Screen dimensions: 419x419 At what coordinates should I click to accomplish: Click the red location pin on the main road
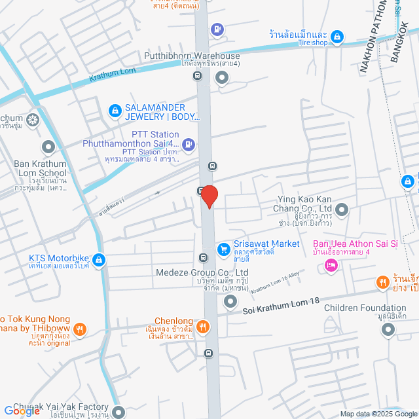pyautogui.click(x=209, y=196)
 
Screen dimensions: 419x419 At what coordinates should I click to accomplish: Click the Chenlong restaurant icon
pyautogui.click(x=204, y=326)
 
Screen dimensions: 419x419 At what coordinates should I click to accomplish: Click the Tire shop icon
pyautogui.click(x=337, y=37)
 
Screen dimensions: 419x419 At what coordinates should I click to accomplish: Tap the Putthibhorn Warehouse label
pyautogui.click(x=189, y=56)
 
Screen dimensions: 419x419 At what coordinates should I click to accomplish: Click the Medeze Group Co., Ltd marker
pyautogui.click(x=230, y=302)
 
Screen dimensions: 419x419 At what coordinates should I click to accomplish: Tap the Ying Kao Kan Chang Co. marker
pyautogui.click(x=341, y=210)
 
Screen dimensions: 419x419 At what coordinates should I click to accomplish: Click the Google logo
pyautogui.click(x=21, y=411)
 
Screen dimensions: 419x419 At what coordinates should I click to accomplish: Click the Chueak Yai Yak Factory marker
pyautogui.click(x=118, y=412)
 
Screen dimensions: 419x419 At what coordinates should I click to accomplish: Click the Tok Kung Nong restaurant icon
pyautogui.click(x=79, y=329)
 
